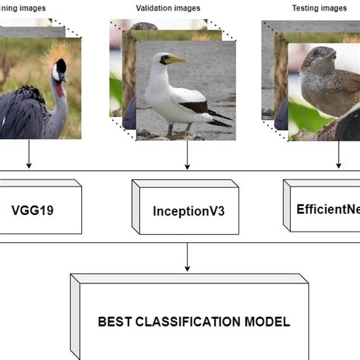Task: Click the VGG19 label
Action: pyautogui.click(x=34, y=207)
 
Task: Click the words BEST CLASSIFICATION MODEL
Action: pyautogui.click(x=194, y=321)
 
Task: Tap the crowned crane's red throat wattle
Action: pyautogui.click(x=58, y=89)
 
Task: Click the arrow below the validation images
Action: pyautogui.click(x=187, y=157)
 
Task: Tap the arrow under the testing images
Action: pyautogui.click(x=338, y=157)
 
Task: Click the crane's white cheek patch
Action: pyautogui.click(x=55, y=75)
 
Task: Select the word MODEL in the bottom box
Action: pyautogui.click(x=265, y=321)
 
